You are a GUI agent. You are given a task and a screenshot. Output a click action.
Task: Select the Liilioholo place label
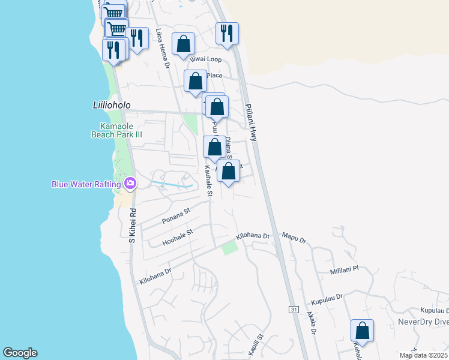tap(103, 104)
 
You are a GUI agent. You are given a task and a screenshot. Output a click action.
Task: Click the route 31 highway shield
tap(293, 309)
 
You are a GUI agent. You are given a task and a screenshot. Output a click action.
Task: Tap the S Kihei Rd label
tap(133, 226)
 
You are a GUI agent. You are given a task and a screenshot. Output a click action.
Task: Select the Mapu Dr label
tap(294, 239)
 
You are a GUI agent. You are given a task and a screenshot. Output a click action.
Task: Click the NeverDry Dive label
tap(423, 322)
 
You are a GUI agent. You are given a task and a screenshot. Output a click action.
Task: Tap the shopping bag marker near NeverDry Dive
tap(362, 330)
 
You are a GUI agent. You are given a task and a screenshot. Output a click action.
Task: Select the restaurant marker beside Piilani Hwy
tap(227, 34)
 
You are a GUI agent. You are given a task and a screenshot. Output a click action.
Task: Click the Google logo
tap(20, 353)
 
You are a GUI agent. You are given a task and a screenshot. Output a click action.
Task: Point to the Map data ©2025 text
tap(423, 355)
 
